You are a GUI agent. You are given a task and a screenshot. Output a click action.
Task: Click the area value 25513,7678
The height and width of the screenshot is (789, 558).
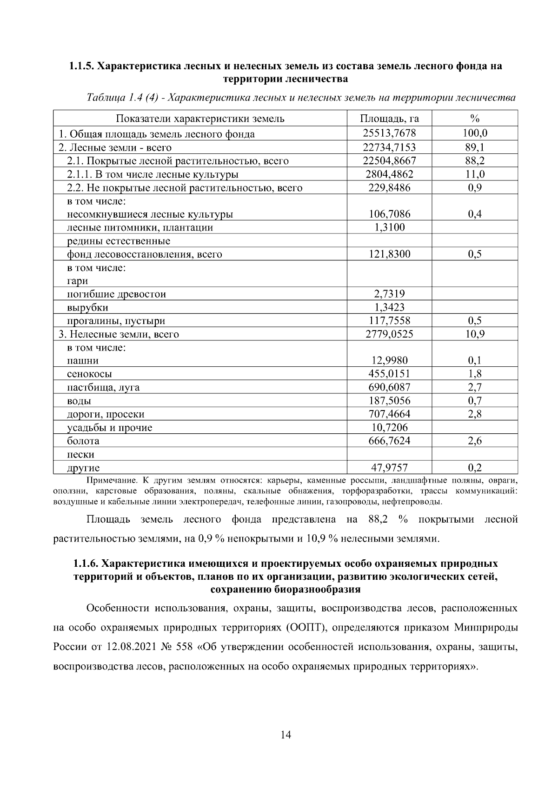click(x=389, y=134)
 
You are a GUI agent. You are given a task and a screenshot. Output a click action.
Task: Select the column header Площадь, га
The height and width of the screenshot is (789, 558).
click(x=389, y=118)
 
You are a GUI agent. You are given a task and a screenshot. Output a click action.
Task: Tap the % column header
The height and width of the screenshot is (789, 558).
click(x=474, y=118)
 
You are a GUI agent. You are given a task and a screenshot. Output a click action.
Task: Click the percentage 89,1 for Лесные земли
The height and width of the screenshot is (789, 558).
click(x=474, y=147)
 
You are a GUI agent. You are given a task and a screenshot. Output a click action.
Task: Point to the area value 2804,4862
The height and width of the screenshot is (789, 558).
click(x=389, y=174)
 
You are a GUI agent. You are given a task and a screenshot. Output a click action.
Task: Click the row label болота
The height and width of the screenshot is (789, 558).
click(x=83, y=441)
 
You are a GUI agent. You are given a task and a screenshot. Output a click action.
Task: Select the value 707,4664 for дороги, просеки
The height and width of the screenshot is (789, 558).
click(x=389, y=414)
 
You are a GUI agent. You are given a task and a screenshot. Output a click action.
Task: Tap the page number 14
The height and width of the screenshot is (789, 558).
click(x=286, y=735)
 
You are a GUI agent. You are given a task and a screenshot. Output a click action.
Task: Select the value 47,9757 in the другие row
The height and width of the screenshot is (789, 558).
click(x=389, y=467)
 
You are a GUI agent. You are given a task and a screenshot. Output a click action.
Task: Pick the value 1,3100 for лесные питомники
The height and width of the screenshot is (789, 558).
click(x=389, y=227)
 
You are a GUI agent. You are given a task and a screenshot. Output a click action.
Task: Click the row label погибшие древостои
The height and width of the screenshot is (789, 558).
click(x=116, y=294)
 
